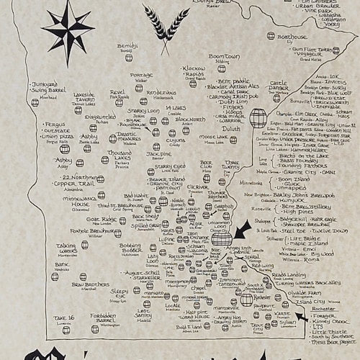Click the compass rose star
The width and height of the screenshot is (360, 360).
click(x=68, y=27)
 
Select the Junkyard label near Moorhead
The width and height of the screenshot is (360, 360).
click(x=45, y=84)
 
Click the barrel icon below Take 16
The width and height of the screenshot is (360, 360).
click(x=62, y=333)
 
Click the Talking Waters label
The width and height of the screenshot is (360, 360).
click(x=67, y=246)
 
